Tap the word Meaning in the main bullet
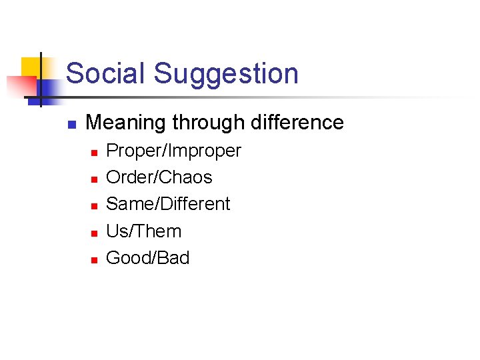pos(126,123)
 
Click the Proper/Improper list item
pos(173,151)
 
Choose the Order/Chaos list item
pos(159,177)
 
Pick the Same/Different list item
pos(168,204)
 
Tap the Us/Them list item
pos(143,231)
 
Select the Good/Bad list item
pos(148,257)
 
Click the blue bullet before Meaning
pos(72,124)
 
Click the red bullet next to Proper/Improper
pos(94,153)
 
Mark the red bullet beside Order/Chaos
pos(94,179)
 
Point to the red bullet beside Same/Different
pos(94,206)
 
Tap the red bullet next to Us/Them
pos(94,233)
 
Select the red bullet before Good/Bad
pos(94,259)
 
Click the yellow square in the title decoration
pos(30,67)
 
